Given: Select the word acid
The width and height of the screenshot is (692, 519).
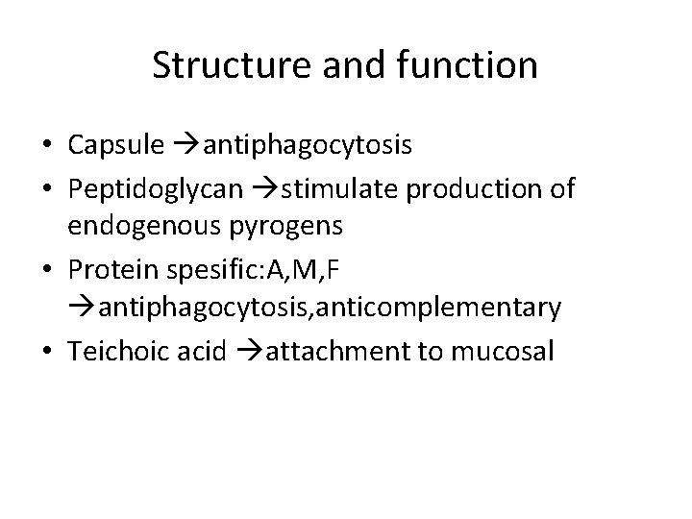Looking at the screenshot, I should (197, 351).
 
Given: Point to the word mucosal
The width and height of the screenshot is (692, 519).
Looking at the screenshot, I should (507, 351).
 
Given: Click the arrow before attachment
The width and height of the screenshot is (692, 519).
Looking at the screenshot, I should (244, 352).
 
